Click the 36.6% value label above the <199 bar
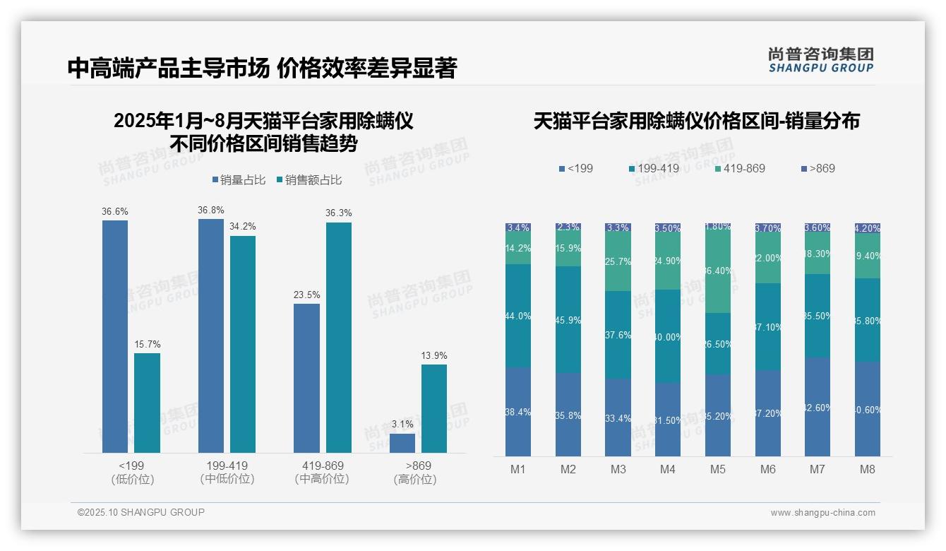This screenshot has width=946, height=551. (115, 211)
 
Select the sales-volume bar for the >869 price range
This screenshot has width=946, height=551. (402, 443)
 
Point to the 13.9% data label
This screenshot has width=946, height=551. (434, 355)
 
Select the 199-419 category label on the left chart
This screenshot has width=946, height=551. (227, 466)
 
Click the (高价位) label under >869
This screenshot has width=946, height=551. (415, 479)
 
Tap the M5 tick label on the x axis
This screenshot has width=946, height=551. (718, 470)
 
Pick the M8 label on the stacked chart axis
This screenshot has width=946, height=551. (868, 470)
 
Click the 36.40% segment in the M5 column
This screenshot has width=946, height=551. (718, 271)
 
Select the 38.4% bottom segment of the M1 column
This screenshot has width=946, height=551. (518, 412)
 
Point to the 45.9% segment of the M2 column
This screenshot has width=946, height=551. (568, 320)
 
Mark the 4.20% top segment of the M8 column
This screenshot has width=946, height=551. (868, 228)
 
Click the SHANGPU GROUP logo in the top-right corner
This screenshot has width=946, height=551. (821, 60)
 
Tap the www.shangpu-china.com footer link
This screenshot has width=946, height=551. (822, 513)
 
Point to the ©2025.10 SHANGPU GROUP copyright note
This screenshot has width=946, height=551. (141, 512)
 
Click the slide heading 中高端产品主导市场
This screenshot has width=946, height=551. (169, 68)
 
